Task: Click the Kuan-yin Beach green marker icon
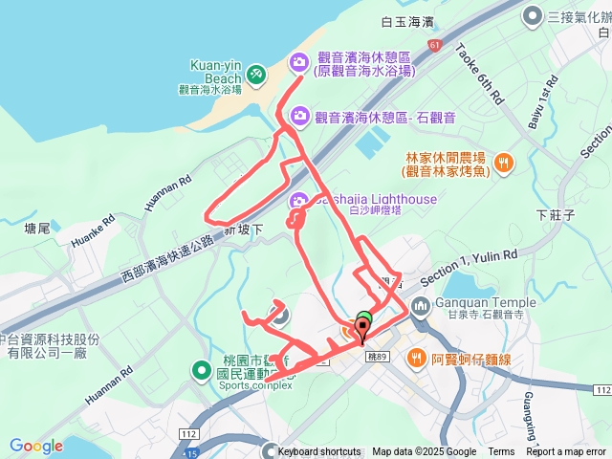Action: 255,74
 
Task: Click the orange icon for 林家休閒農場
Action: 506,164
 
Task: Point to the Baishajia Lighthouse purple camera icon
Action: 299,199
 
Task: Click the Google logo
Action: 36,446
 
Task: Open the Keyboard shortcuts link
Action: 319,452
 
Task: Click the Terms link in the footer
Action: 501,452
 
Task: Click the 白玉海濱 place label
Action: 406,21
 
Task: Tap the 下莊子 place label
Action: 556,215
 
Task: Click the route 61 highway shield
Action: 435,45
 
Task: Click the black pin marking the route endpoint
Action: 362,333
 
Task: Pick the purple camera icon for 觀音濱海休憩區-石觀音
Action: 299,116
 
